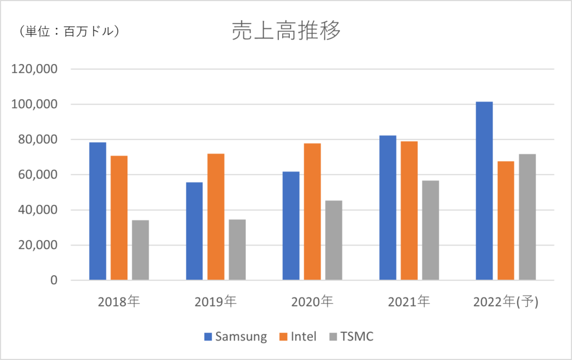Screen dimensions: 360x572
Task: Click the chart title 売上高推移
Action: (x=286, y=32)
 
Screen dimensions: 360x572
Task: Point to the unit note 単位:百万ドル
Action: (x=69, y=31)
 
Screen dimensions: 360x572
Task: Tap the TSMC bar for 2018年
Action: (x=140, y=250)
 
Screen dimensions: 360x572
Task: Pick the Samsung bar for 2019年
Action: (x=194, y=231)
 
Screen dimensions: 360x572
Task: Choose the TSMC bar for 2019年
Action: (x=237, y=249)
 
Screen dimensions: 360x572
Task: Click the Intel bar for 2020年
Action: (x=312, y=212)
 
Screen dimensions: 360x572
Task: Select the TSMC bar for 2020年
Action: (x=333, y=240)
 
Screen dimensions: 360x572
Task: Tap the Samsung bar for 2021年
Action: (x=388, y=208)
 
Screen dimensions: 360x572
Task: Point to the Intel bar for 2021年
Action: (x=409, y=210)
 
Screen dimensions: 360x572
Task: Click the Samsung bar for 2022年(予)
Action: (x=484, y=191)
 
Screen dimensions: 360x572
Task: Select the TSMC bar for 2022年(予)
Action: (x=527, y=217)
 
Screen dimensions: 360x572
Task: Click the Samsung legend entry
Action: (x=235, y=337)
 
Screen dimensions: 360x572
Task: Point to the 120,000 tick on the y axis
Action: (x=36, y=69)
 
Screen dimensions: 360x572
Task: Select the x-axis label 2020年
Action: (x=312, y=303)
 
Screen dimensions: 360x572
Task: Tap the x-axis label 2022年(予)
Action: (x=506, y=303)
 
